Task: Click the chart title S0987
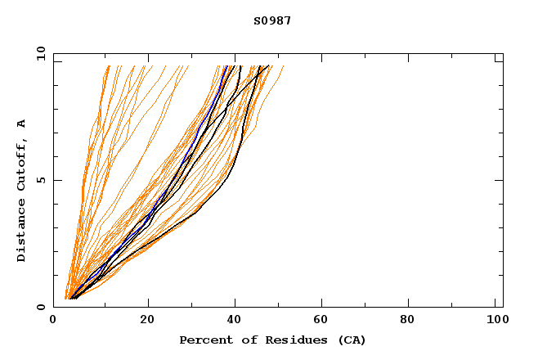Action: pos(272,20)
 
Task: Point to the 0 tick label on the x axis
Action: pos(53,320)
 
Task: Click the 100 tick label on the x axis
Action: pos(495,320)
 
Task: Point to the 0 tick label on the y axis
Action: pos(41,307)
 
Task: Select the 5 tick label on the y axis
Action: pos(41,180)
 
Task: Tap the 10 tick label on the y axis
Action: pos(39,53)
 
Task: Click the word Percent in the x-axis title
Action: pos(202,340)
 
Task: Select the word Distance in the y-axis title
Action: pos(22,232)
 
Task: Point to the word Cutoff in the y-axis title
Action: pos(22,164)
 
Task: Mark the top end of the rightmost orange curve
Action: pos(284,66)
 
